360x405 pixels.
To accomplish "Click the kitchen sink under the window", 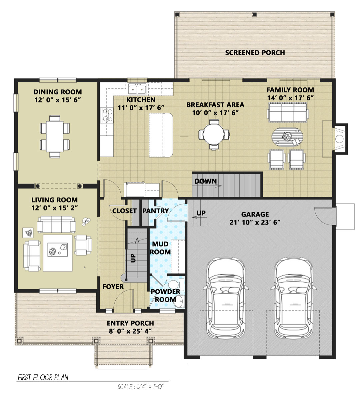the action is click(137, 89).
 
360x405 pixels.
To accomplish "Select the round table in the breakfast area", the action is click(214, 134).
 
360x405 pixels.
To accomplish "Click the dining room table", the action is click(55, 136).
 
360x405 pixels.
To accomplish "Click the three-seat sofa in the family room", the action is click(288, 112).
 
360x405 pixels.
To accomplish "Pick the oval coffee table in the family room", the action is click(287, 137).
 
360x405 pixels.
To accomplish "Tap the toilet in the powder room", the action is click(176, 285).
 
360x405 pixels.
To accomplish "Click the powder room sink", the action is click(179, 302).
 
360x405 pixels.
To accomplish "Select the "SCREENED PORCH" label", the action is click(255, 53).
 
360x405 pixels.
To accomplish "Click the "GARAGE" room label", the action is click(255, 214).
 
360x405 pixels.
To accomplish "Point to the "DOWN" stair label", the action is click(206, 181).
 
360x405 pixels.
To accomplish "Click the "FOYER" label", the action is click(113, 287).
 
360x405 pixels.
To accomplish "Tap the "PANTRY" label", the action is click(155, 211).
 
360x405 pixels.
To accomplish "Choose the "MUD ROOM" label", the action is click(160, 248).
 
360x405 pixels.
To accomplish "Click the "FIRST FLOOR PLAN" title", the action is click(43, 377).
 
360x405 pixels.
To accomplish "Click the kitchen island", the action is click(161, 135).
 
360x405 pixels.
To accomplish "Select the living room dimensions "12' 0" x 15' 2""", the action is click(55, 208).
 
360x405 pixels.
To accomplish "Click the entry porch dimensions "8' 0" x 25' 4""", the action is click(130, 331).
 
